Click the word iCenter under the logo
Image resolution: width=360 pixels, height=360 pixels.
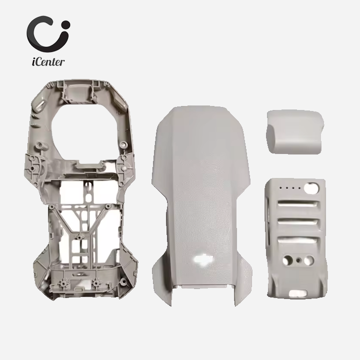click(48, 61)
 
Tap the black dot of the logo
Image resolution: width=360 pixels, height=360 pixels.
click(65, 25)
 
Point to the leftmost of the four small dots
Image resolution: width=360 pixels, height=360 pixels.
click(281, 188)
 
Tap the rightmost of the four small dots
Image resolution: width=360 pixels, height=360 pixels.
click(299, 188)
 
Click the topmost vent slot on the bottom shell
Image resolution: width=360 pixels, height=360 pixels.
click(298, 203)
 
